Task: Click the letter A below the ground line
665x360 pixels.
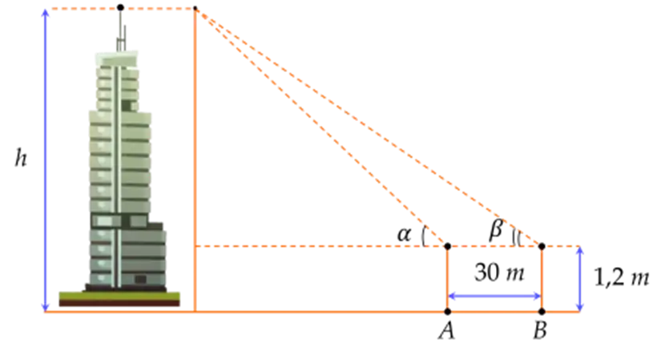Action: coord(445,330)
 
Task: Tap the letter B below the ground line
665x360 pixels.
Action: coord(542,330)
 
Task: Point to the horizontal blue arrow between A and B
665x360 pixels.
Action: coord(494,295)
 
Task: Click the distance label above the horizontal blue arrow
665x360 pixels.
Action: coord(496,271)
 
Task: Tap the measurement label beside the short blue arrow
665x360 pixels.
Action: coord(621,278)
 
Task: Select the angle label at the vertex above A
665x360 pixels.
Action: coord(408,235)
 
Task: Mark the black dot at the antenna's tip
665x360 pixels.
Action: coord(122,6)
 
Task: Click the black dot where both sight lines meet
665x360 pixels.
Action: coord(195,9)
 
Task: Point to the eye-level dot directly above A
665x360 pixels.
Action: coord(447,242)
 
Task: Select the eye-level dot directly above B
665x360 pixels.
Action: coord(542,242)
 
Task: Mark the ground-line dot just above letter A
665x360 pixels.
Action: coord(447,310)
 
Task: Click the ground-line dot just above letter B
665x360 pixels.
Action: coord(542,310)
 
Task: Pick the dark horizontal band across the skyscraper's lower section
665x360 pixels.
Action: coord(120,220)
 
